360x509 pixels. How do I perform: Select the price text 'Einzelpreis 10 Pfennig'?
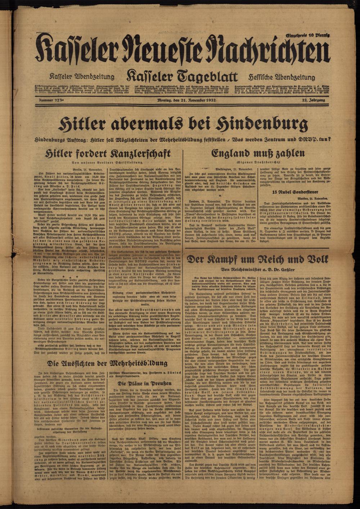[308, 35]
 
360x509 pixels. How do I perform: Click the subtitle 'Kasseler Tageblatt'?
[181, 77]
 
